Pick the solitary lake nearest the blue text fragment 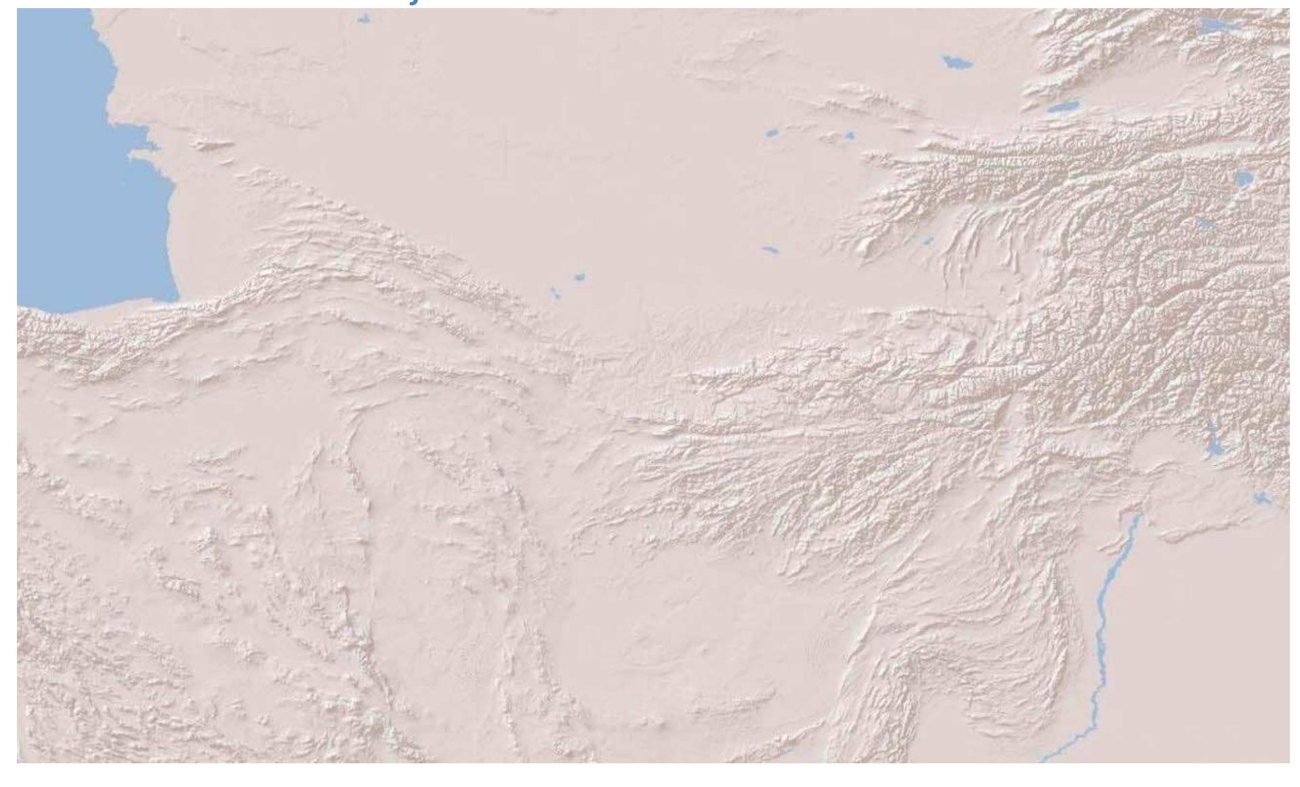(364, 19)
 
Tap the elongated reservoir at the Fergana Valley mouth (1061, 107)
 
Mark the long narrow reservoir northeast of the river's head (1212, 440)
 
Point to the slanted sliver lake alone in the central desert (771, 250)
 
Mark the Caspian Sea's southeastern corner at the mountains (173, 298)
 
